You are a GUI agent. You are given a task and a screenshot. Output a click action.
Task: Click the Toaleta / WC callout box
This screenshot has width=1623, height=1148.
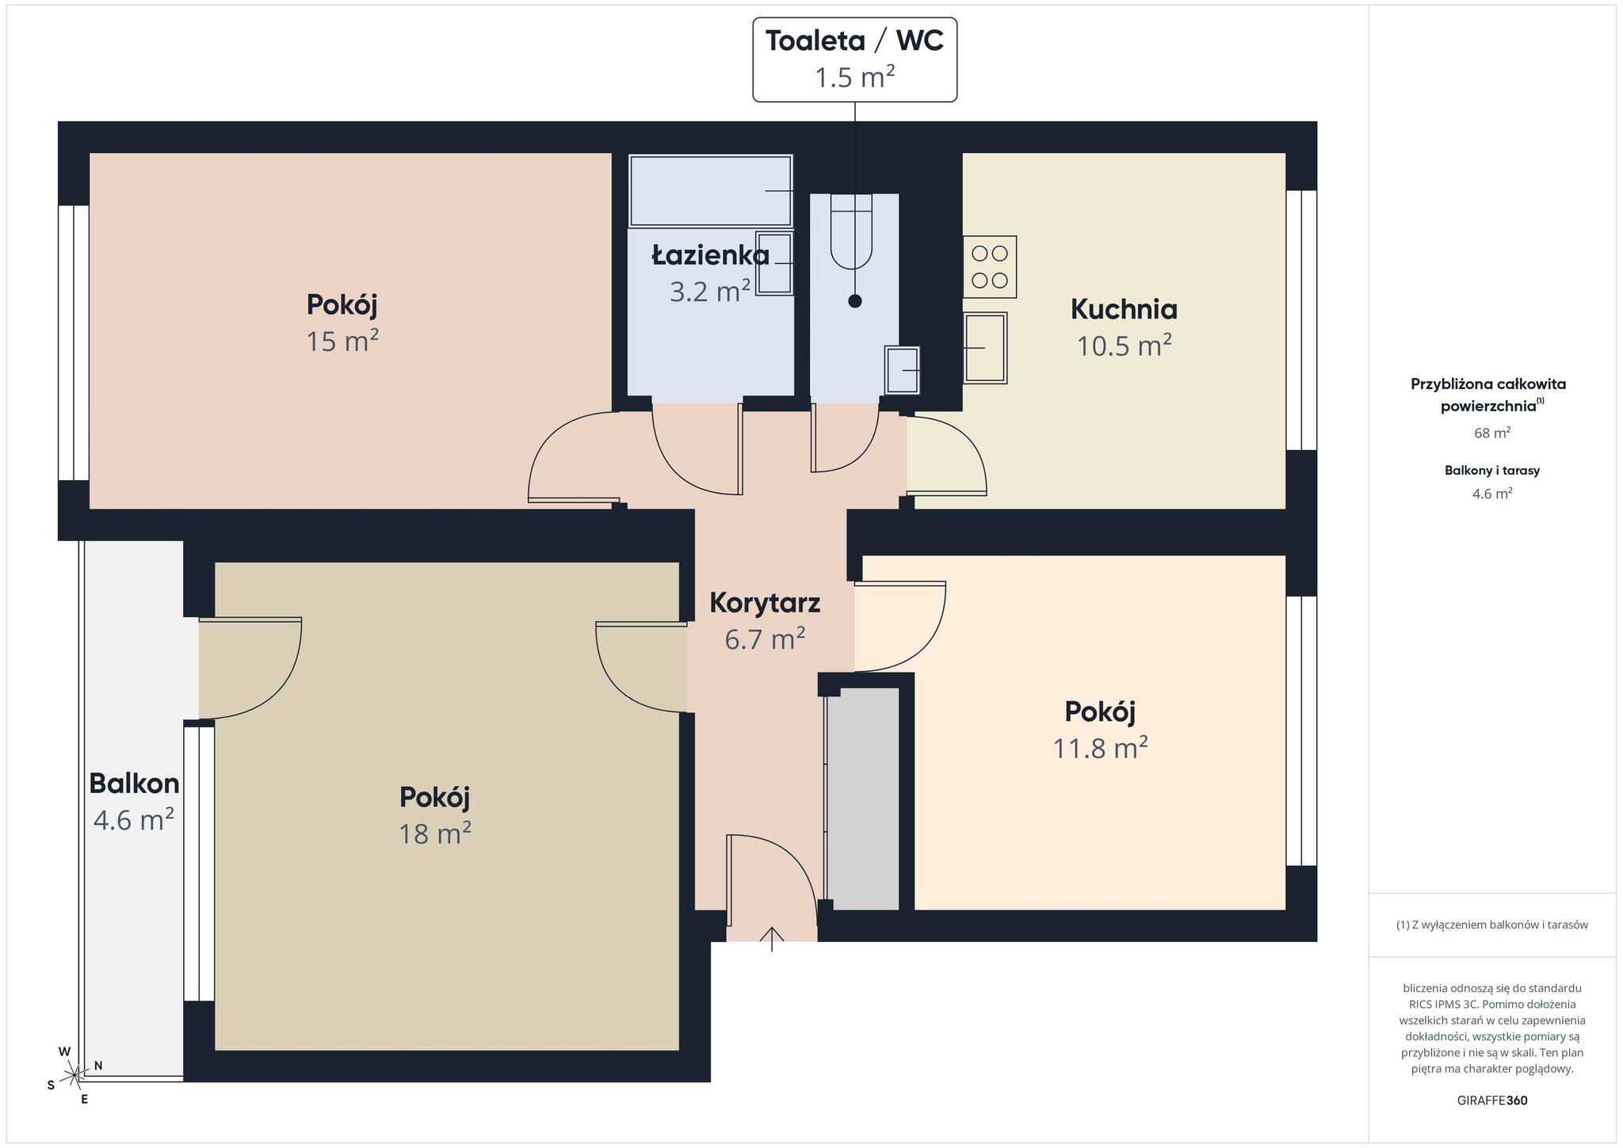point(854,59)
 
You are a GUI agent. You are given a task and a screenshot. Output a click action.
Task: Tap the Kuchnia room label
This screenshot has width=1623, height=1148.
point(1124,309)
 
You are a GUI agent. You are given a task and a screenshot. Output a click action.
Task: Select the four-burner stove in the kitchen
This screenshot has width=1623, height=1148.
point(990,267)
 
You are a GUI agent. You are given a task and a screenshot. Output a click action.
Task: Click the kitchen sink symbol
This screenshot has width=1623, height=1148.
point(985,348)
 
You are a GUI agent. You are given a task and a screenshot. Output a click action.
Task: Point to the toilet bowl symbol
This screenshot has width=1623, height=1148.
point(851,231)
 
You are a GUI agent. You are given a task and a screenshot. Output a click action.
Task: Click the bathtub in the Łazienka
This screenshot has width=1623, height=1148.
point(711,191)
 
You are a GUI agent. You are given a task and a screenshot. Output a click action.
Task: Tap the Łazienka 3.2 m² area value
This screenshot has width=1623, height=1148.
point(710,292)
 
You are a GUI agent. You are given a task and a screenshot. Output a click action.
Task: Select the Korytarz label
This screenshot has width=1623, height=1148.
point(765,603)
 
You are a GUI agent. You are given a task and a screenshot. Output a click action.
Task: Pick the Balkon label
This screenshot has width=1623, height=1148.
point(134,784)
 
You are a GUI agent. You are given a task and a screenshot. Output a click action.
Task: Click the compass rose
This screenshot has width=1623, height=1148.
point(74,1074)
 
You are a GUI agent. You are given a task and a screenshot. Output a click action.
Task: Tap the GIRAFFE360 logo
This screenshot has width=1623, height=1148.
point(1492,1100)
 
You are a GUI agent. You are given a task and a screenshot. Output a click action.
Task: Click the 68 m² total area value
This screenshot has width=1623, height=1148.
point(1492,433)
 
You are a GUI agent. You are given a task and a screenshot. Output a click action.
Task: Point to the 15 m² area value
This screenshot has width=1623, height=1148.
point(342,341)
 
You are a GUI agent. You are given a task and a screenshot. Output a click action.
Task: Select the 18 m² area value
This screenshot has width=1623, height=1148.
point(435,833)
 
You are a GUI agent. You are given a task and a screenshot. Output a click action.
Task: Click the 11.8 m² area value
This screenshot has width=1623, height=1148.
point(1100,748)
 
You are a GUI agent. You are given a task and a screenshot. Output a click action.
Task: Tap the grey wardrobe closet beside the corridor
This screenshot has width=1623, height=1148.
point(863,799)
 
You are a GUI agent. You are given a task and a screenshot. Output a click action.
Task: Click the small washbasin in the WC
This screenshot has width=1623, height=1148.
point(902,370)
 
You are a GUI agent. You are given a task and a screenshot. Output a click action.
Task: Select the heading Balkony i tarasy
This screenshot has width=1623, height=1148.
point(1492,470)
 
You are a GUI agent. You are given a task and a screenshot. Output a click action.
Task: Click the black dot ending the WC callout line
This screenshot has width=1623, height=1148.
point(854,301)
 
